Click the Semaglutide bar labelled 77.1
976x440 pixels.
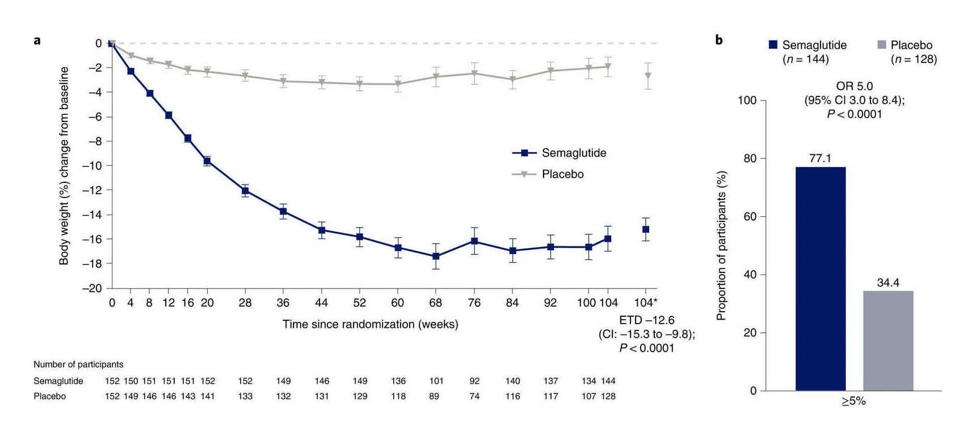click(820, 278)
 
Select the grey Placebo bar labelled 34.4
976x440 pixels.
click(888, 341)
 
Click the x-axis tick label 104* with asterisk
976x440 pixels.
click(646, 303)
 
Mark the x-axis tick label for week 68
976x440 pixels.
click(435, 303)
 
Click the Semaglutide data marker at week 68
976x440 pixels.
click(436, 256)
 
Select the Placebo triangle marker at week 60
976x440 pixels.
click(398, 84)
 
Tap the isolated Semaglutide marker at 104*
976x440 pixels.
click(646, 229)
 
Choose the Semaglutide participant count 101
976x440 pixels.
click(436, 381)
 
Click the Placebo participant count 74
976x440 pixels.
click(474, 396)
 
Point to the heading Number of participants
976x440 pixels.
click(78, 364)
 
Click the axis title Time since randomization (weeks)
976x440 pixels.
click(370, 324)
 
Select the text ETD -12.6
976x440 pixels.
click(646, 320)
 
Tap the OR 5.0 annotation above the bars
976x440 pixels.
click(854, 86)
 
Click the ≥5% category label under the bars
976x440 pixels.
click(853, 401)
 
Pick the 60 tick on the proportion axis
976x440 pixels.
click(750, 216)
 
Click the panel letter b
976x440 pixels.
click(718, 40)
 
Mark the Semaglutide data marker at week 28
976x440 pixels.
click(245, 191)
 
